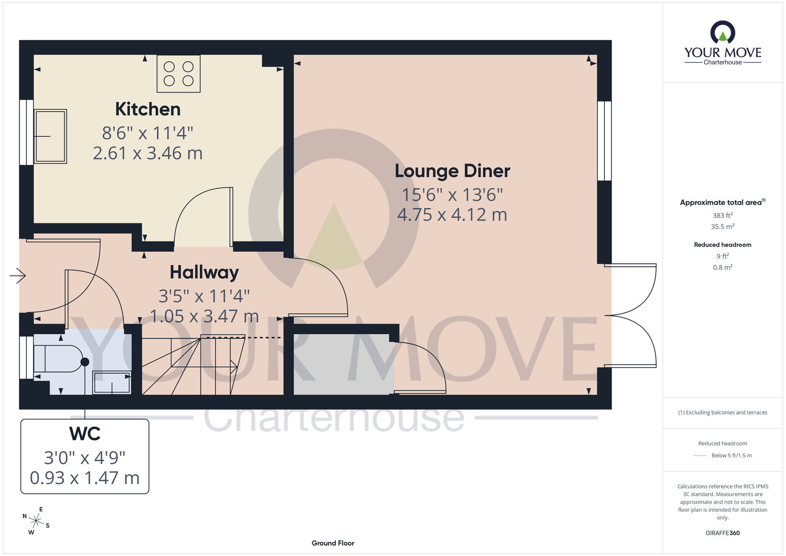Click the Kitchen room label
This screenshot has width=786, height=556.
pos(148,109)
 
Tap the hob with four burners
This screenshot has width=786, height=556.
pos(178,74)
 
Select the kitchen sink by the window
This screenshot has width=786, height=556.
pos(50,136)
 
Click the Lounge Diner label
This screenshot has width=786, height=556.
pos(452,171)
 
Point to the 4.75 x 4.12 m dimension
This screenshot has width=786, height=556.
pos(452,215)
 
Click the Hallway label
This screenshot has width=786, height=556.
pos(204,272)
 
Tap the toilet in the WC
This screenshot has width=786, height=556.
pos(59,359)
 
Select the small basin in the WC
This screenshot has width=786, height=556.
pos(112,382)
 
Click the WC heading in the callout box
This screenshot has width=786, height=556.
pos(85,434)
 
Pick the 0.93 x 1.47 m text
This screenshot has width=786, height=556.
pos(85,478)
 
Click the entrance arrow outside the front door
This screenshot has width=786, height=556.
pos(18,276)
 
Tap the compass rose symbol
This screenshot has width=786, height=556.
pos(36,521)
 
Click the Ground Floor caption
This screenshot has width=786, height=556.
pos(333,543)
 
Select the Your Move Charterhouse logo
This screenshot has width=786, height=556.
pos(723,43)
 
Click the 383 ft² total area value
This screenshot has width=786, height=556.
pos(722,215)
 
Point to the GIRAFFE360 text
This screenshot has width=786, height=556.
pos(722,533)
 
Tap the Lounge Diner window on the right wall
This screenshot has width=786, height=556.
pos(604,141)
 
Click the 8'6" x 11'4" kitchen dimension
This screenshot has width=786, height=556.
pos(148,133)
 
